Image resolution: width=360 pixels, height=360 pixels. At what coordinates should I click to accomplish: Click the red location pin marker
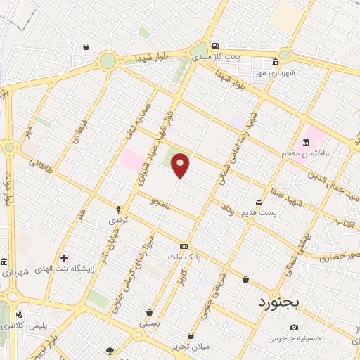coord(181,166)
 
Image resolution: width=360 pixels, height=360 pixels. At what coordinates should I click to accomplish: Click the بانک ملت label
coord(185,257)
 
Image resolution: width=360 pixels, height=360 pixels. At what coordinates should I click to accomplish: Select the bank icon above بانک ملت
coord(184,246)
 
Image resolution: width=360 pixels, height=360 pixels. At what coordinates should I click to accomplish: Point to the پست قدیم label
coord(260,212)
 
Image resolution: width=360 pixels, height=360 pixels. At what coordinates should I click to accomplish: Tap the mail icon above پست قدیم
coord(259,202)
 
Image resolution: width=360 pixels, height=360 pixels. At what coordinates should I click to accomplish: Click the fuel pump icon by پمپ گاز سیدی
coord(215,44)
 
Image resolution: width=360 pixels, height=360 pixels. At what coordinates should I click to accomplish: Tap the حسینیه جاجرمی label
coord(294,338)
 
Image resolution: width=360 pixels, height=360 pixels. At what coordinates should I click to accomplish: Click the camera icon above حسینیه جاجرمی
coord(294,328)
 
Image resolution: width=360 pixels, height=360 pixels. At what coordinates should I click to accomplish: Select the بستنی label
coord(149,324)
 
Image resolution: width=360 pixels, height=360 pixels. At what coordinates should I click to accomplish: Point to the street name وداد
coord(226,209)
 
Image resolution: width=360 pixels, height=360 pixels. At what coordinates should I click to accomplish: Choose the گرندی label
coord(118,220)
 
